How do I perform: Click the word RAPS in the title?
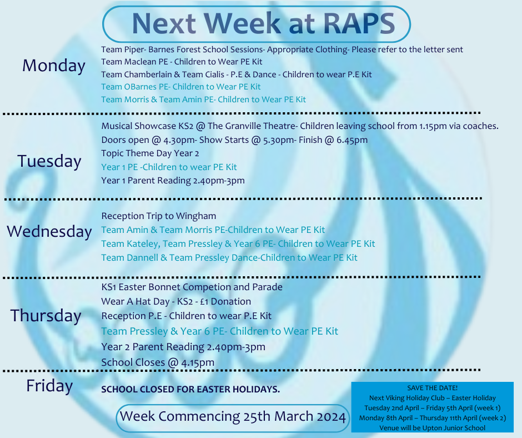tap(359, 23)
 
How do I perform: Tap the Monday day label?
tap(54, 66)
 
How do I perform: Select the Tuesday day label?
tap(49, 162)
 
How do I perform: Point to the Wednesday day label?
tap(49, 231)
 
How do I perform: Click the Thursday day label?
tap(46, 316)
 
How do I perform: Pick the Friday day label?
tap(49, 386)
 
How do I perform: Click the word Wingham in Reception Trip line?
tap(196, 216)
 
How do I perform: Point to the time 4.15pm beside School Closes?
tap(198, 362)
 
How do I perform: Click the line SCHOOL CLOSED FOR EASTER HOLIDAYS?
tap(190, 389)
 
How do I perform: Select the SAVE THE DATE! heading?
tap(433, 388)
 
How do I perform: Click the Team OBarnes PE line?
tap(181, 87)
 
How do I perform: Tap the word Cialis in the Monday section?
tap(212, 74)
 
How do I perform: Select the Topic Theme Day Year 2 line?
tap(150, 153)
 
